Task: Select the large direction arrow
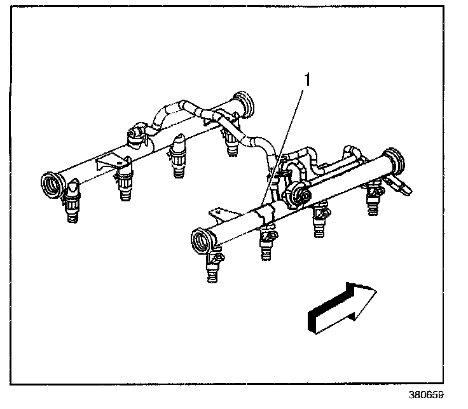pyautogui.click(x=341, y=308)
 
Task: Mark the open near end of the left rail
pyautogui.click(x=52, y=184)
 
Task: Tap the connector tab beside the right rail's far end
pyautogui.click(x=403, y=185)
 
